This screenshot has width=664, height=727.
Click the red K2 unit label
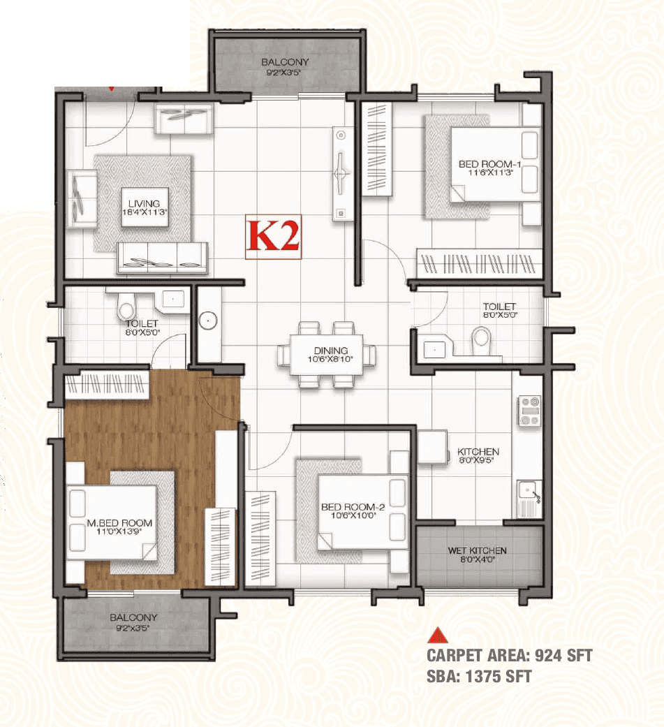pos(274,236)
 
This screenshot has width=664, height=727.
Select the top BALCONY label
pos(285,66)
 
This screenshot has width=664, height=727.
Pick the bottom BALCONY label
pos(133,622)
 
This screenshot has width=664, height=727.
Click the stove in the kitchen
pos(529,411)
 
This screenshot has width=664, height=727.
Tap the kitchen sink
pos(530,498)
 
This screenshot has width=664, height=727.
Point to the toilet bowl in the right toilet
pos(481,341)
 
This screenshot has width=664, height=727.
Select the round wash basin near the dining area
pos(207,321)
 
